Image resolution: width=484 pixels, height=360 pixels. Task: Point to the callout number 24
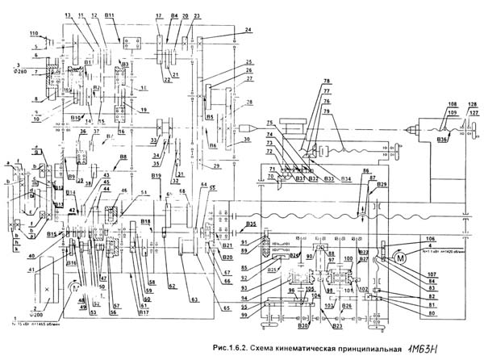coord(248,30)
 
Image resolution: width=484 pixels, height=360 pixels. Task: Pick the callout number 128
coord(472,104)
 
